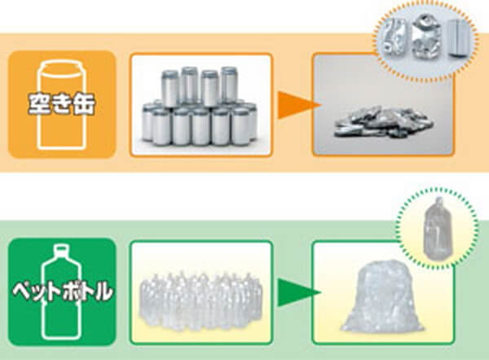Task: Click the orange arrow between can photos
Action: (297, 105)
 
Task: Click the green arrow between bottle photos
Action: (297, 292)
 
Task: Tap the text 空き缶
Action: (61, 104)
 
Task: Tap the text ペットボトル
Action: (62, 292)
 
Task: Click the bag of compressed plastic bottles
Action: (381, 296)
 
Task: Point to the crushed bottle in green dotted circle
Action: (437, 229)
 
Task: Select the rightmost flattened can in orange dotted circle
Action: (458, 39)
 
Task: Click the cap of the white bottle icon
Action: (61, 250)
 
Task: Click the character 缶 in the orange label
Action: (84, 104)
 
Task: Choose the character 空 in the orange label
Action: (38, 103)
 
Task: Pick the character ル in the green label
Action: (102, 292)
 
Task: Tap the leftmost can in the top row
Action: (170, 89)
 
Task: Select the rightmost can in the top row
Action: (229, 85)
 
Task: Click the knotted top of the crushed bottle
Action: (439, 202)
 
